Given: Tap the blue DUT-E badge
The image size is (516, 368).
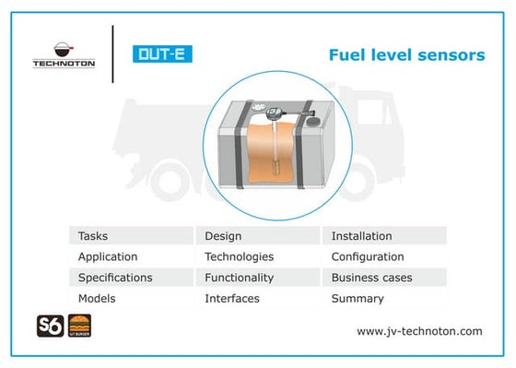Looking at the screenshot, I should pyautogui.click(x=161, y=53).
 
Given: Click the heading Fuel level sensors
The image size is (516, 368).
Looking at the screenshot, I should pyautogui.click(x=406, y=55).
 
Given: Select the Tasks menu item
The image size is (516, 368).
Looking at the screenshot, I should pyautogui.click(x=93, y=236).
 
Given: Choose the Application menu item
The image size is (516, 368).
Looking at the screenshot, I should pyautogui.click(x=108, y=256).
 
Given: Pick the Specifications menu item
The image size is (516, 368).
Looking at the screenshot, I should pyautogui.click(x=115, y=278).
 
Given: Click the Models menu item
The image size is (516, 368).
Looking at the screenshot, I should pyautogui.click(x=97, y=298).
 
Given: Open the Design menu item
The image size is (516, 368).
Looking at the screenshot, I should pyautogui.click(x=223, y=236).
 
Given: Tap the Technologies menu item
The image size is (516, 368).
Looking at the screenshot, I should pyautogui.click(x=240, y=256).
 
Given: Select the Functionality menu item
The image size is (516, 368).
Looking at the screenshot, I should pyautogui.click(x=240, y=278).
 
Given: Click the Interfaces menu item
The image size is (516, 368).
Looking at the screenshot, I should pyautogui.click(x=232, y=298).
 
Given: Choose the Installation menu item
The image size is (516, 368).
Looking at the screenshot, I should pyautogui.click(x=361, y=236).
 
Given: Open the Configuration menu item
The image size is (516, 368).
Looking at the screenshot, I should pyautogui.click(x=368, y=256).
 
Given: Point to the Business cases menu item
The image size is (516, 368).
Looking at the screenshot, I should pyautogui.click(x=371, y=278).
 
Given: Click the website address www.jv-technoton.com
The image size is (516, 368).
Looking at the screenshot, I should pyautogui.click(x=419, y=330).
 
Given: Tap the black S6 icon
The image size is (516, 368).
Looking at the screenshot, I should pyautogui.click(x=49, y=326).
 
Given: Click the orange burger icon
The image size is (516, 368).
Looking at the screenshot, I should pyautogui.click(x=80, y=326).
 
